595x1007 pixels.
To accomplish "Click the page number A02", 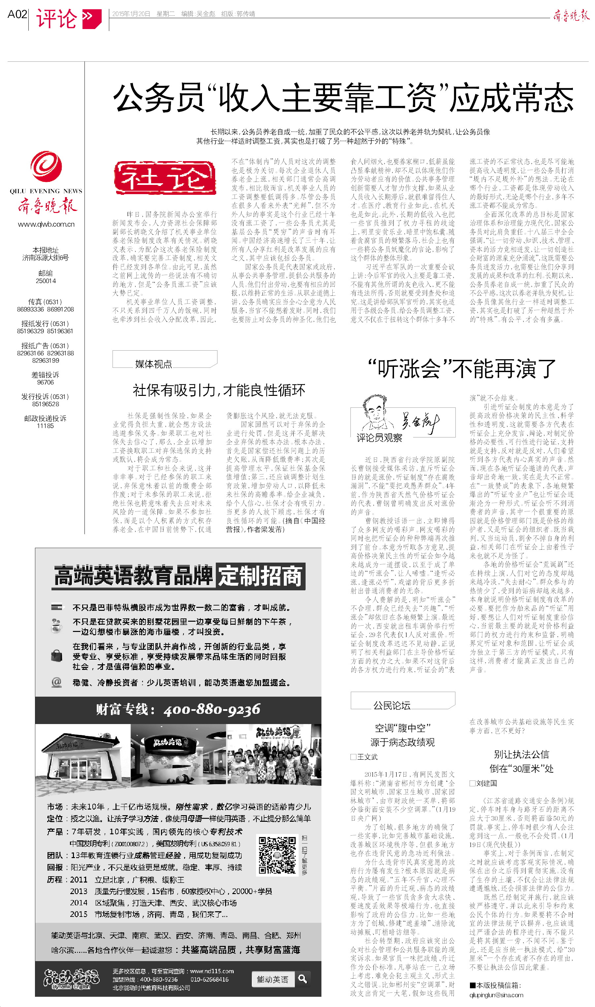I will (x=17, y=15).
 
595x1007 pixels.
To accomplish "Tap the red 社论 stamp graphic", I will (x=165, y=178).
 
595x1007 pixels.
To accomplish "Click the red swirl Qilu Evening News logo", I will (x=46, y=166).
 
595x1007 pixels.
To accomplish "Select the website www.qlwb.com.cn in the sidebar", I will (x=46, y=224).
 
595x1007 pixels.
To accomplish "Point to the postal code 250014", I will (x=46, y=281).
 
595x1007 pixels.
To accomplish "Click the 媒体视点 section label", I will (x=153, y=364).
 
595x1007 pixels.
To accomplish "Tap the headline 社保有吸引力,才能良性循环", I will (x=219, y=390).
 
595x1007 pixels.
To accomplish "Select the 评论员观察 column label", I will (x=379, y=438).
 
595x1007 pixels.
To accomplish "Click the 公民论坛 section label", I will (x=392, y=706).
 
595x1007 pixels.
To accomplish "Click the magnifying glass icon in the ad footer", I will (x=303, y=979).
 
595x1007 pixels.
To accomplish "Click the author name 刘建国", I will (x=486, y=783).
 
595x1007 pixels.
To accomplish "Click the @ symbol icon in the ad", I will (x=56, y=682).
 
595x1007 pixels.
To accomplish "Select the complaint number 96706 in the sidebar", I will (x=45, y=383).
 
